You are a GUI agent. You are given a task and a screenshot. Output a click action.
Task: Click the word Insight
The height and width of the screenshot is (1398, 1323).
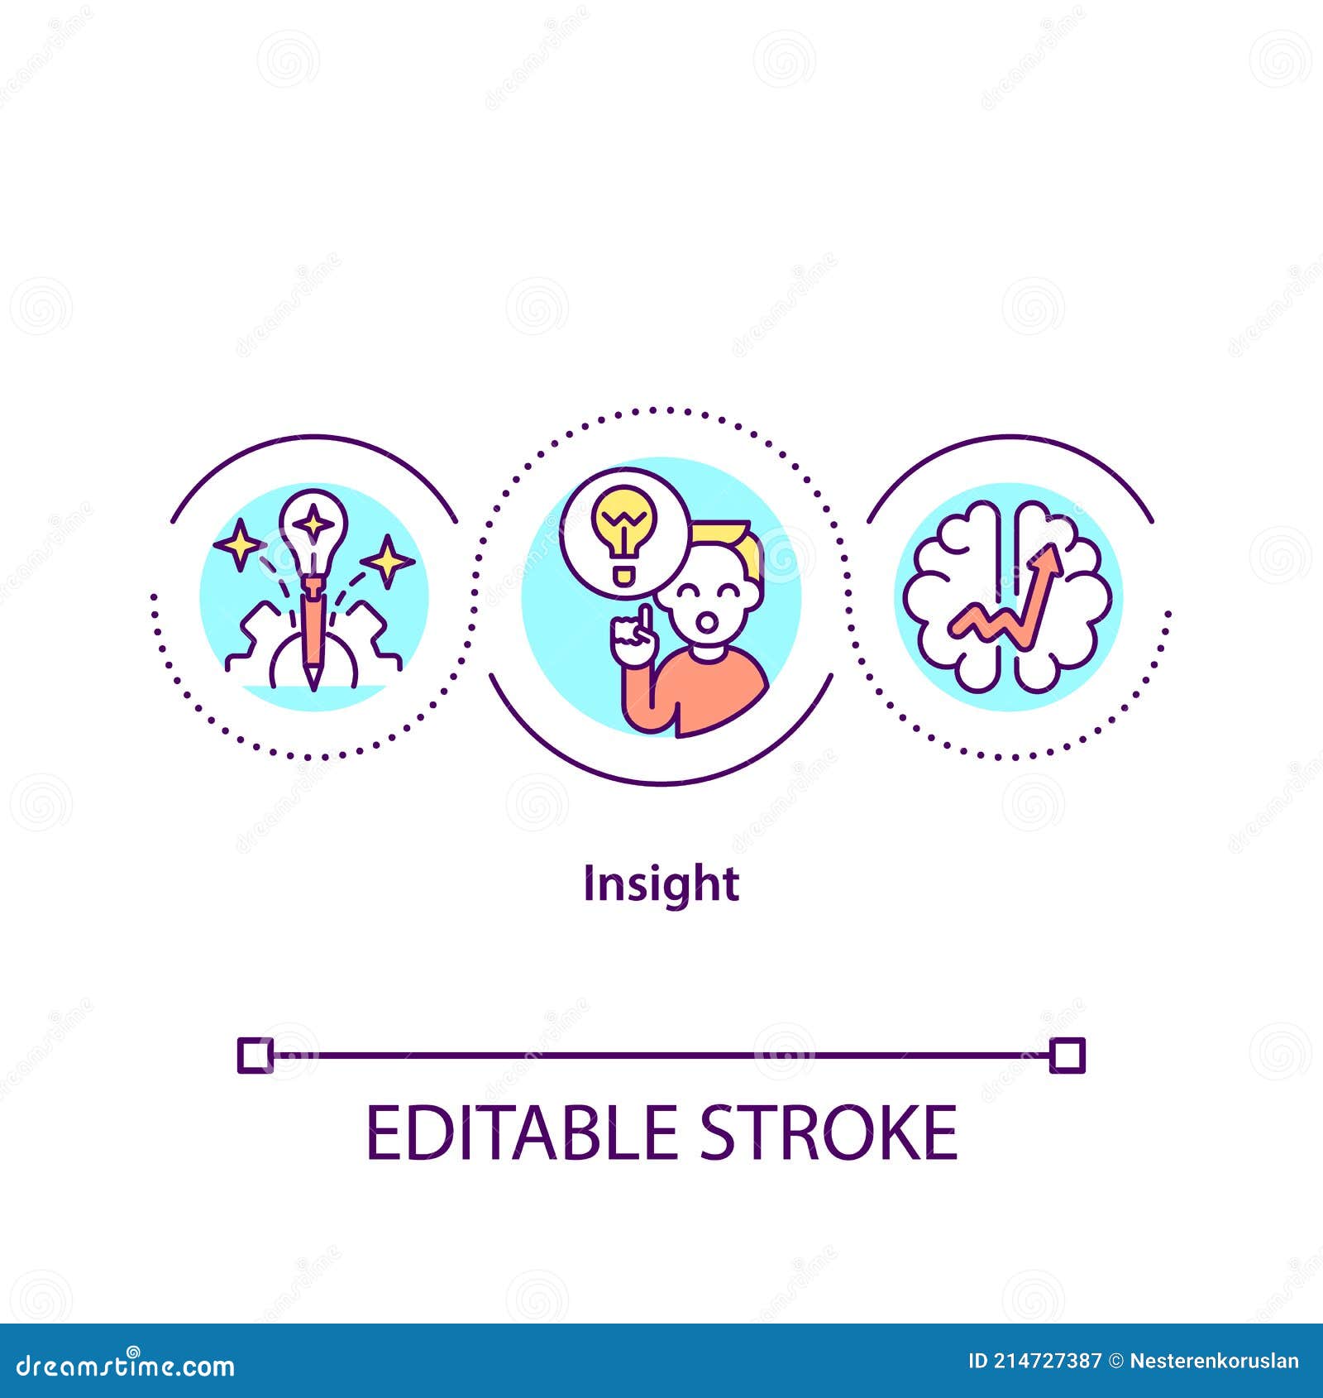click(661, 884)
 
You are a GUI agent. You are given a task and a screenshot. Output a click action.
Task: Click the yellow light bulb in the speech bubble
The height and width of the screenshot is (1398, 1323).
click(623, 529)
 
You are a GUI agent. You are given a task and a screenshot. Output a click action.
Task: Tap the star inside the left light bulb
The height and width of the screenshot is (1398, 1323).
click(313, 523)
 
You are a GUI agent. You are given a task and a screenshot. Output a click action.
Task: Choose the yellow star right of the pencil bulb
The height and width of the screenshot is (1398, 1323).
click(387, 561)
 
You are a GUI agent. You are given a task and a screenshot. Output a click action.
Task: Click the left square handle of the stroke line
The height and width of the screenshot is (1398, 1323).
click(255, 1055)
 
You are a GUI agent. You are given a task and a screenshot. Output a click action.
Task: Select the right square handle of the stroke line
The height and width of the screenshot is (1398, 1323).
click(1067, 1056)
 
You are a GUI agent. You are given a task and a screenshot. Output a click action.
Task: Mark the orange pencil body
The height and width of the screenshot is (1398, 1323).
click(313, 629)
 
